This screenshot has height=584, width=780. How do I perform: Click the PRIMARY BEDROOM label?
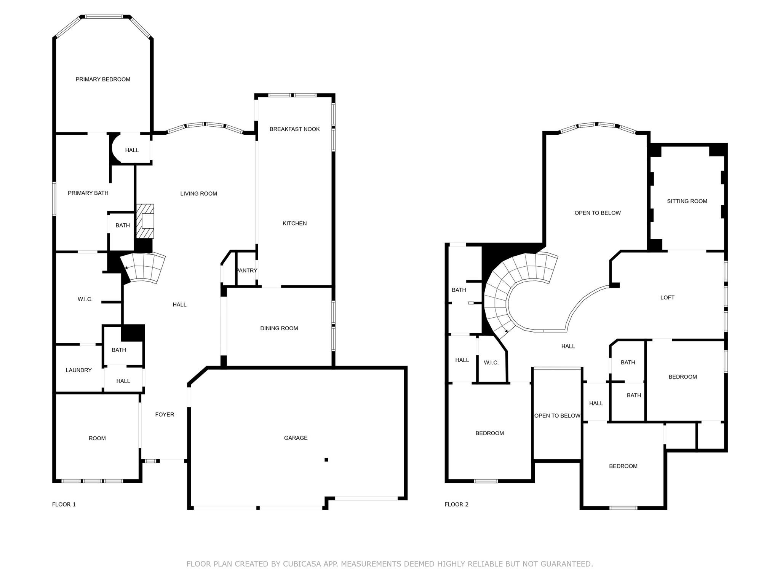[103, 79]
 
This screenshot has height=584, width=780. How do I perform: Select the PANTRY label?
[247, 271]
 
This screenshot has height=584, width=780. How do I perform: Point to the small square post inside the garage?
[326, 460]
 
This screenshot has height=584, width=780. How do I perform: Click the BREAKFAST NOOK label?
[294, 129]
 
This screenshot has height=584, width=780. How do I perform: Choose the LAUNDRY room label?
[78, 370]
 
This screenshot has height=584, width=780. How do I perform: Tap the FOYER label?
[165, 414]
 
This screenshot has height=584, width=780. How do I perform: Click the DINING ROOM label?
[279, 328]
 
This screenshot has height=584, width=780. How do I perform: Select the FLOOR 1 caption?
[64, 504]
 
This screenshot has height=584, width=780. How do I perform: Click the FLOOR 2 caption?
[456, 504]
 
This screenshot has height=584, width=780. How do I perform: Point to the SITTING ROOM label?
[687, 201]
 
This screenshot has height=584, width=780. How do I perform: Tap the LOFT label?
[667, 298]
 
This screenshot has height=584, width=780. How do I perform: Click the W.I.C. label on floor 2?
[491, 363]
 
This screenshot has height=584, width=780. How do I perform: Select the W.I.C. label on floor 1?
[85, 299]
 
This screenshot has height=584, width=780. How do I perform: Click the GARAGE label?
[296, 438]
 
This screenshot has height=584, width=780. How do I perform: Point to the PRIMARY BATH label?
[88, 193]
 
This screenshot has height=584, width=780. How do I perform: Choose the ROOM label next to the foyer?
[97, 438]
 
